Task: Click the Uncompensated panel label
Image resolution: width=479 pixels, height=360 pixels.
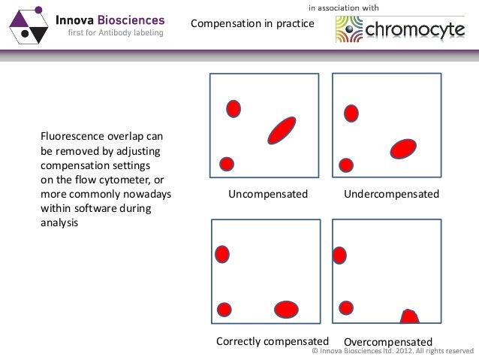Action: click(268, 195)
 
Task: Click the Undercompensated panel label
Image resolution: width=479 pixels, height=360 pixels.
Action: click(391, 195)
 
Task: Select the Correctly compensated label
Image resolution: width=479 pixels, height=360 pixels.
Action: click(273, 340)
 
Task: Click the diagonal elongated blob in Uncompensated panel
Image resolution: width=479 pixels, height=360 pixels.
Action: click(282, 130)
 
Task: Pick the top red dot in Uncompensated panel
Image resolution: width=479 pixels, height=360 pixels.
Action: click(233, 108)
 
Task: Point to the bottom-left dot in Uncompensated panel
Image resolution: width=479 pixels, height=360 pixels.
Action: click(226, 164)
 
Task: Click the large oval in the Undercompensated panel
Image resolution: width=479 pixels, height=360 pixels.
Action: click(403, 148)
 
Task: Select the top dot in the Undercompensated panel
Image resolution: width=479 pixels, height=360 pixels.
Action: click(351, 113)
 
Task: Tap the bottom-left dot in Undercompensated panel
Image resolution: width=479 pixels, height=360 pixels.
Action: click(346, 165)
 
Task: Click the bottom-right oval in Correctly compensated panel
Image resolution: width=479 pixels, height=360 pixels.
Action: click(286, 309)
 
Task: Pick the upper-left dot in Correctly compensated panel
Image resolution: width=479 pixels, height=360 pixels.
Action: click(221, 254)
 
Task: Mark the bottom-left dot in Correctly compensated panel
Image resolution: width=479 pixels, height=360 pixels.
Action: click(224, 309)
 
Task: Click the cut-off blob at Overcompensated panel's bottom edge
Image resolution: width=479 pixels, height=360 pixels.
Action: click(408, 317)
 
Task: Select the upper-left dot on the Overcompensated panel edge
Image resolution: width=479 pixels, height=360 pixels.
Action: click(339, 255)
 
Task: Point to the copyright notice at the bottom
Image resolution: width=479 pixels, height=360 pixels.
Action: click(392, 351)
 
